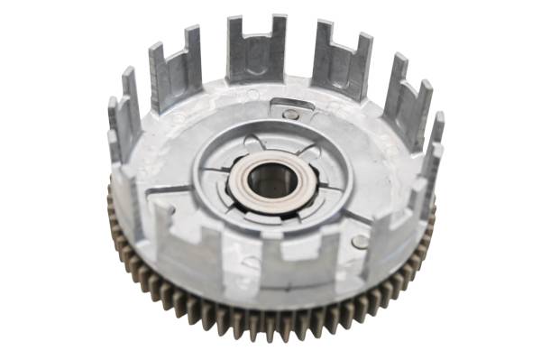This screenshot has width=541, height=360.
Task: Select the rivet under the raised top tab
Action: [290, 115]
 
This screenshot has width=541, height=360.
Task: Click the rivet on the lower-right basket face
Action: [360, 241]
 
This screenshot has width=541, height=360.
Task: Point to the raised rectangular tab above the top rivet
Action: [291, 104]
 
